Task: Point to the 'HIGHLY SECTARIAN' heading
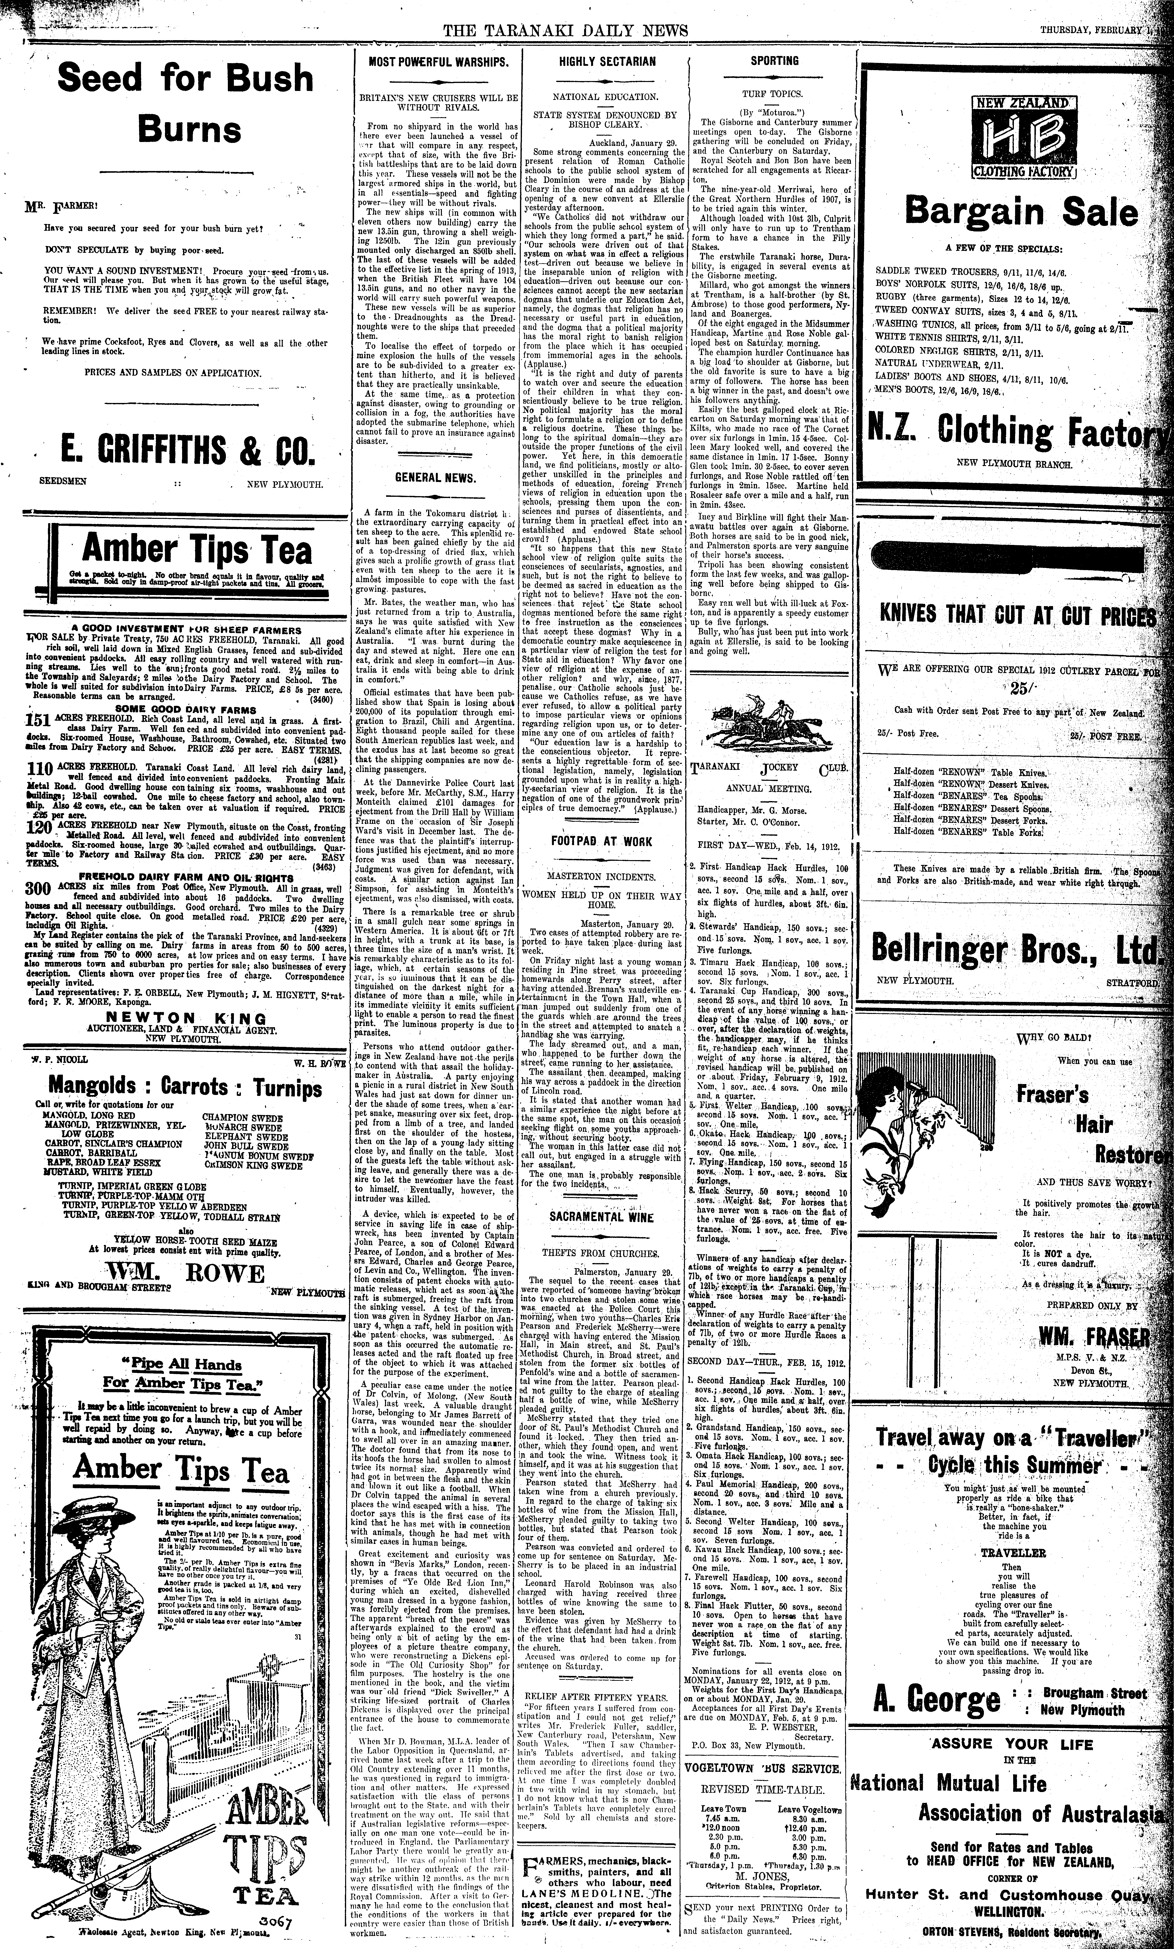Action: (x=607, y=61)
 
